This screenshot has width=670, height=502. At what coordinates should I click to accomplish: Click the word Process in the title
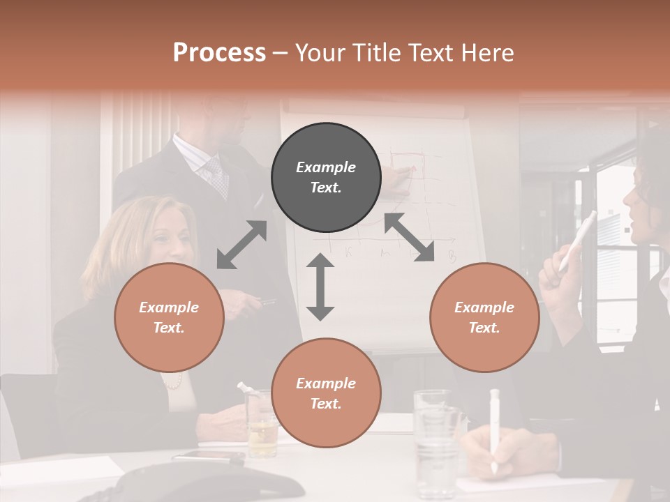point(219,52)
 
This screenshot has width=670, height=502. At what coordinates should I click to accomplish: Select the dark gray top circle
point(326,177)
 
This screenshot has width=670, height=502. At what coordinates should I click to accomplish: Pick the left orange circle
point(169,317)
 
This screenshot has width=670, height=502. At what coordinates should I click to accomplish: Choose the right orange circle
point(484,317)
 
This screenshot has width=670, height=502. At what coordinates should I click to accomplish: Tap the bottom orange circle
point(326,393)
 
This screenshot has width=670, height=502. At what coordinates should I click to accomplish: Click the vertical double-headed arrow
point(320,287)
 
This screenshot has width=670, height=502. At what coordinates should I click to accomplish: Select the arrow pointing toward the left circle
point(241,245)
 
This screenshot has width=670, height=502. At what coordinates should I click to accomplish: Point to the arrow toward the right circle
point(410,237)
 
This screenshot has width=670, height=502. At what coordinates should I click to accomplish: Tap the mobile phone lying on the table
point(209,457)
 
